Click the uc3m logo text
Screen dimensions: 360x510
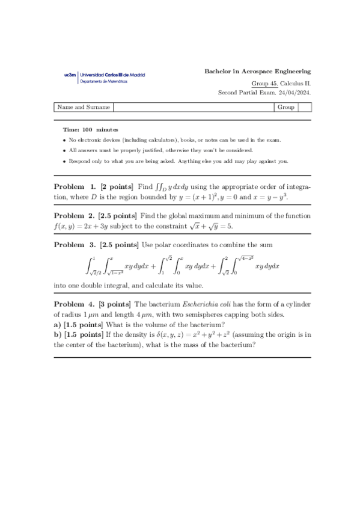pos(70,75)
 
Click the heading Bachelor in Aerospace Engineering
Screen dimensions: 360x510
pos(258,71)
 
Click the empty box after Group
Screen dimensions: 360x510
pos(305,108)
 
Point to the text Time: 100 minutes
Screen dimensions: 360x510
pos(90,130)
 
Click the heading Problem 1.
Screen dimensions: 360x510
pos(75,187)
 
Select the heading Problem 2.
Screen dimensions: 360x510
pos(75,216)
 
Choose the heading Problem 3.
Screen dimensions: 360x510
pos(75,245)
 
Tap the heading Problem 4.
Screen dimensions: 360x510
pos(75,305)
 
